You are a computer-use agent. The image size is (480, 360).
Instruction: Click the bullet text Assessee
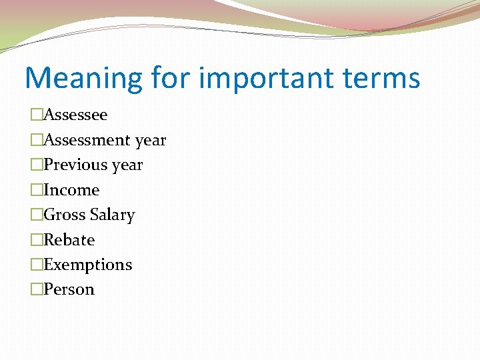point(75,115)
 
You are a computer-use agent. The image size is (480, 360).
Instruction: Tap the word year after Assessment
point(150,141)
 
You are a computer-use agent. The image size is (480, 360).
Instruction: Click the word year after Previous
point(127,165)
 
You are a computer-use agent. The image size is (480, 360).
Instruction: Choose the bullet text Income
point(71,190)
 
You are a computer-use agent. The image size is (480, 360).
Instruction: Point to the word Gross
point(64,215)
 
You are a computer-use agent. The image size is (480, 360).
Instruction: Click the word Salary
point(112,215)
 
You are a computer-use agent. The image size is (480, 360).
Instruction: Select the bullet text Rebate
point(69,240)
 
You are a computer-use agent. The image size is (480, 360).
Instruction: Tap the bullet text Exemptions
point(87,265)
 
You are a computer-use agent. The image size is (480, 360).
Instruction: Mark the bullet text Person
point(69,290)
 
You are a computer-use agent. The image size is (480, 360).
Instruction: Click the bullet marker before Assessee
point(36,115)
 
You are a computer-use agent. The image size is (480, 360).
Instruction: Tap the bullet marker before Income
point(36,190)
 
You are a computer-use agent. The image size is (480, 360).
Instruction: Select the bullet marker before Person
point(36,290)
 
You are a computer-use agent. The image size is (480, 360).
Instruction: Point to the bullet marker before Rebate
point(36,240)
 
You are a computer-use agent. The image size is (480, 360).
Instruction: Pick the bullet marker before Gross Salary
point(36,215)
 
